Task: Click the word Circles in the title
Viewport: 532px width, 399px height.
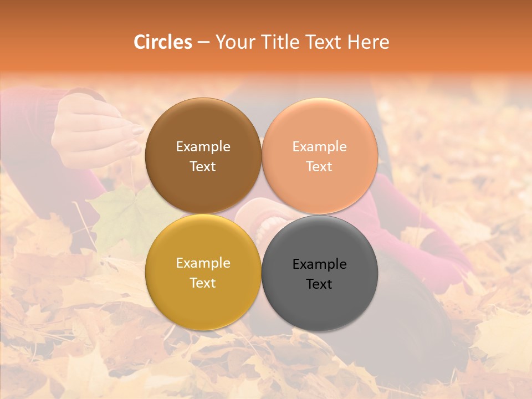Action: [163, 42]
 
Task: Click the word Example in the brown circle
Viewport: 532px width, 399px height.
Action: [203, 147]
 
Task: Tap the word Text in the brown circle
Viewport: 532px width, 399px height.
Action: [203, 166]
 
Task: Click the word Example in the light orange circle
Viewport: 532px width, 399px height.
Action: [319, 147]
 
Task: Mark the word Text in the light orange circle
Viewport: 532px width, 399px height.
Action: [319, 166]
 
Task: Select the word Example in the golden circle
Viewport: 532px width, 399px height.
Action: [203, 263]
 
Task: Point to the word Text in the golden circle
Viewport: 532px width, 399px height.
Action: [203, 283]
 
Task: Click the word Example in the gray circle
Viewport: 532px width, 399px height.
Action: [319, 264]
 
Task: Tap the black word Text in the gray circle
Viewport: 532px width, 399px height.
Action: [319, 284]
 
